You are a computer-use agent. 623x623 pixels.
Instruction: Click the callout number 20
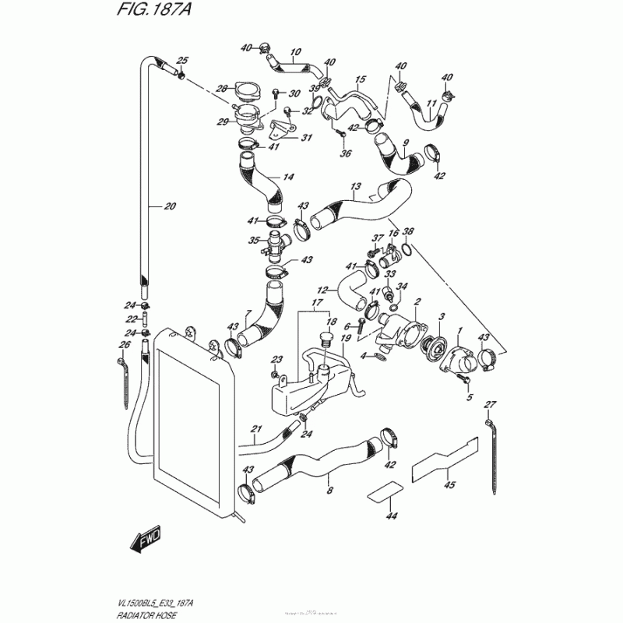click(x=171, y=206)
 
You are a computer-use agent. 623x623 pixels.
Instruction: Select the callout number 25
click(x=183, y=61)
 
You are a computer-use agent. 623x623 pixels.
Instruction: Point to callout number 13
click(x=356, y=187)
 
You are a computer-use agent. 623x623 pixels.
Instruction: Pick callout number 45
click(x=449, y=485)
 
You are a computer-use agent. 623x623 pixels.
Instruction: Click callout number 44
click(x=391, y=516)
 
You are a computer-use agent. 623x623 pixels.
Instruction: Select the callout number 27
click(x=489, y=403)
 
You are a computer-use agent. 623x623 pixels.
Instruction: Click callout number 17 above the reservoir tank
click(x=317, y=302)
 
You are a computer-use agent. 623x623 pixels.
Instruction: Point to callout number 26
click(x=123, y=345)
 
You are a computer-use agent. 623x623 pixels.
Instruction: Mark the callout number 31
click(x=284, y=139)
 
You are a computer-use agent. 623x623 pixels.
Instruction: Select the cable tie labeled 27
click(x=492, y=456)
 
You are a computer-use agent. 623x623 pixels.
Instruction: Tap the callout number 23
click(x=275, y=359)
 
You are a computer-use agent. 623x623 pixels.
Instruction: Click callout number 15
click(x=361, y=80)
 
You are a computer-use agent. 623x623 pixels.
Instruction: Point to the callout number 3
click(x=442, y=317)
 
